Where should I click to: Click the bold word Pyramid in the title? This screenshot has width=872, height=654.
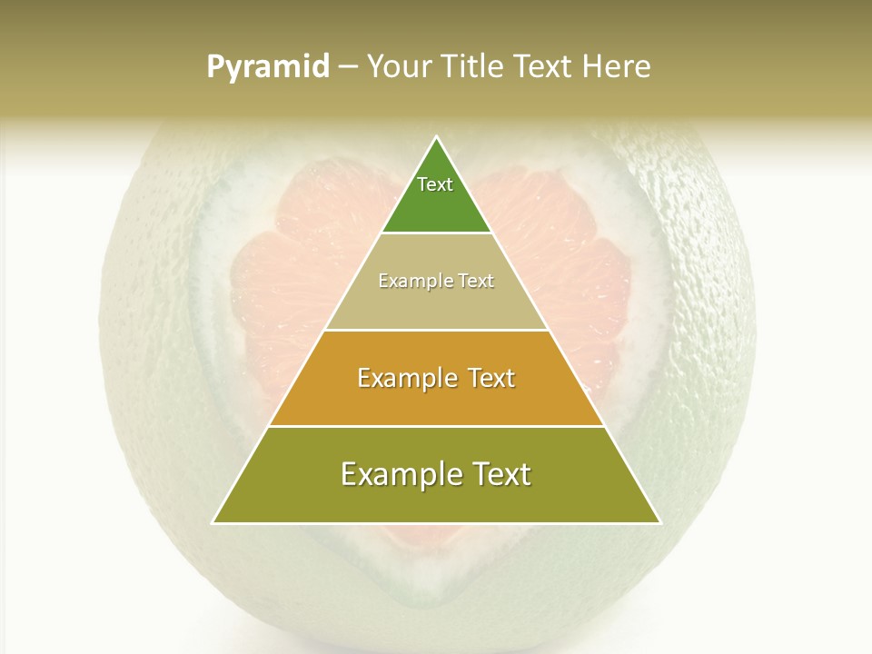(x=268, y=67)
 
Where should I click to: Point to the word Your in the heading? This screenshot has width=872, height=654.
(x=400, y=67)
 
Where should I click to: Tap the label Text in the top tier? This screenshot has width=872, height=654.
(x=435, y=184)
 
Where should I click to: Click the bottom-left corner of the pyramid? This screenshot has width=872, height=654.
(x=213, y=523)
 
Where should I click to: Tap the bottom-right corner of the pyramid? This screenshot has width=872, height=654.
(x=659, y=523)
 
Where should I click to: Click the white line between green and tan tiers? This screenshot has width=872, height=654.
(x=436, y=233)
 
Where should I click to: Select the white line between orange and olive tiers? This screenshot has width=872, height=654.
(x=436, y=426)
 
